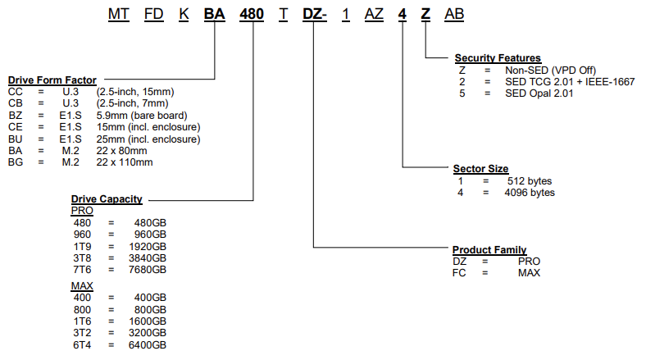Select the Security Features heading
tap(498, 58)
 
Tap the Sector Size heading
tap(480, 169)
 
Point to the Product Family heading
tap(489, 249)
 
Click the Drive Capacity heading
tap(107, 198)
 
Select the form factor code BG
tap(16, 162)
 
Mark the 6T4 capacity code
tap(84, 345)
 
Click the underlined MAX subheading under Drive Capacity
tap(82, 285)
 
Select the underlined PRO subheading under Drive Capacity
tap(82, 210)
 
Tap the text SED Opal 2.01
tap(539, 93)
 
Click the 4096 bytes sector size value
tap(530, 193)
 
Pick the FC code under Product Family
tap(459, 272)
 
